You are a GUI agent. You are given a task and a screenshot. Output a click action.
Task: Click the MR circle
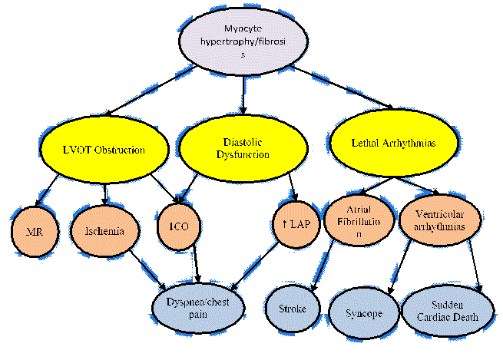pyautogui.click(x=34, y=229)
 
